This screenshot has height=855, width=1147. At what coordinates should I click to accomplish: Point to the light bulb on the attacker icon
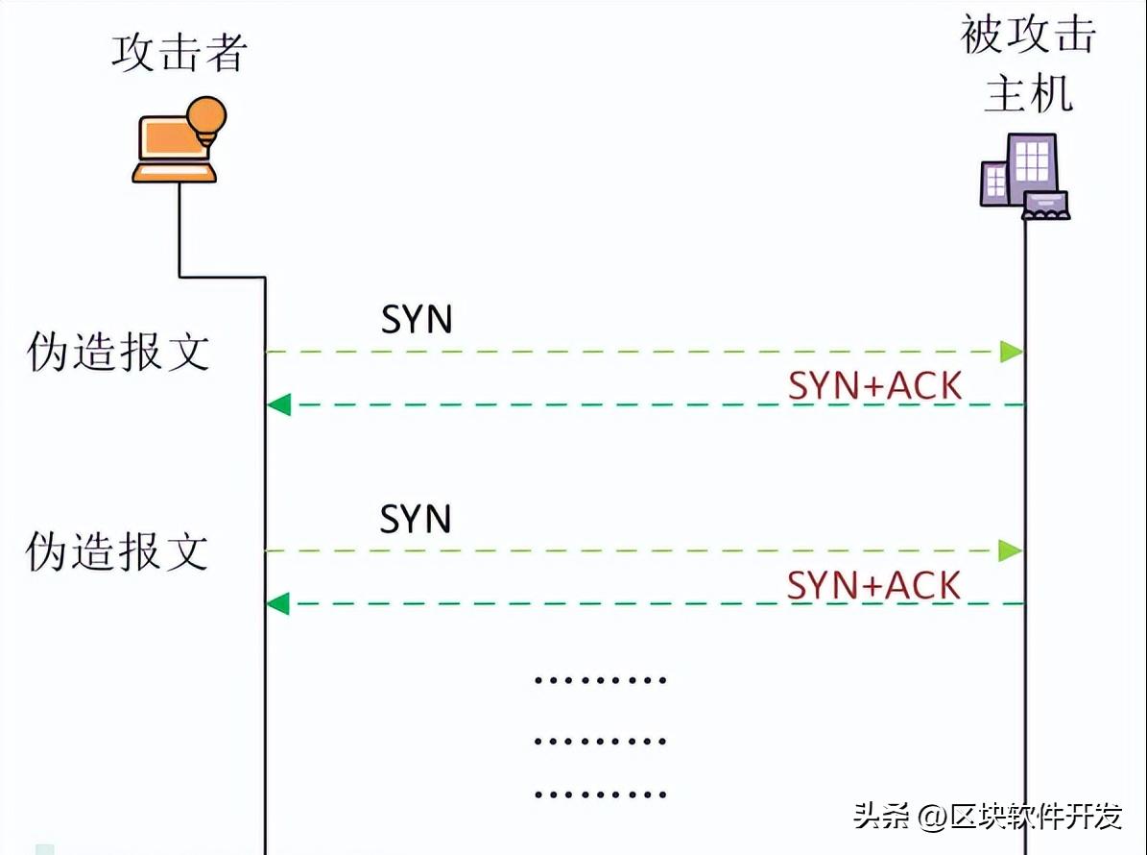(x=206, y=117)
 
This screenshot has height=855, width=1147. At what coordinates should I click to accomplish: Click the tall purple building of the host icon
(x=1032, y=167)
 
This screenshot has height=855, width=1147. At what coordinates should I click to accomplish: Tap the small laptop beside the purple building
(x=1045, y=206)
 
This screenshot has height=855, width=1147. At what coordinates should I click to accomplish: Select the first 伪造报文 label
(x=117, y=353)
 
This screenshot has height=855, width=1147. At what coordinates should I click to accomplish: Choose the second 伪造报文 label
(x=117, y=551)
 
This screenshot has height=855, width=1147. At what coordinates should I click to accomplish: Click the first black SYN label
(x=416, y=320)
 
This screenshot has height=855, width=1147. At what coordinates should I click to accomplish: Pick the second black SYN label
(x=416, y=519)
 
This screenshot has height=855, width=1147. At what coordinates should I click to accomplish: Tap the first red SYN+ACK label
(x=874, y=386)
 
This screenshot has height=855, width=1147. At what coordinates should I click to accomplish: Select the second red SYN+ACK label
(x=873, y=585)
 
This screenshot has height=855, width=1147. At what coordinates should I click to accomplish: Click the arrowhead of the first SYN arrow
(x=1011, y=352)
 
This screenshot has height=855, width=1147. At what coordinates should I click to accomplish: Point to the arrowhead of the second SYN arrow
(x=1011, y=550)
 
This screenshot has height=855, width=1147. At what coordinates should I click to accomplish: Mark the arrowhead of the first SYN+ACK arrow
(x=278, y=404)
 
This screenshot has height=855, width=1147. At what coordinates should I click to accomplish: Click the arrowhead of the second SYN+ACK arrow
(x=278, y=603)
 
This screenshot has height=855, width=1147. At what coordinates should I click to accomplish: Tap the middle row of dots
(x=600, y=741)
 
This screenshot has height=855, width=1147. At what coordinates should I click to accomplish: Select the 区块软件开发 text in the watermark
(x=1036, y=817)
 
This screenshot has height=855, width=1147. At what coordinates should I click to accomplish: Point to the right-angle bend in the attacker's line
(x=264, y=279)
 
